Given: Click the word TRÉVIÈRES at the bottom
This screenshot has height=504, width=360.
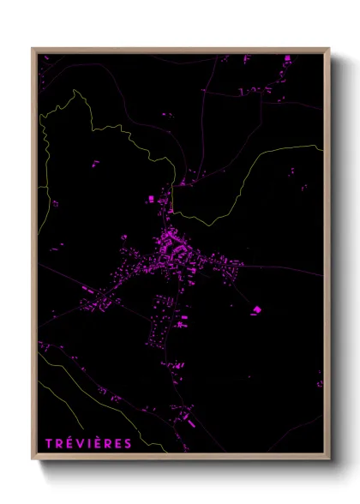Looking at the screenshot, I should [88, 443].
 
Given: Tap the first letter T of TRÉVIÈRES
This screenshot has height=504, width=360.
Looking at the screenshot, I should [49, 443].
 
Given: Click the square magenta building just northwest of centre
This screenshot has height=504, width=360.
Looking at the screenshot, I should [151, 199].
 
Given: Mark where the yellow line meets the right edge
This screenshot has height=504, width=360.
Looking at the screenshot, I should [322, 146].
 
